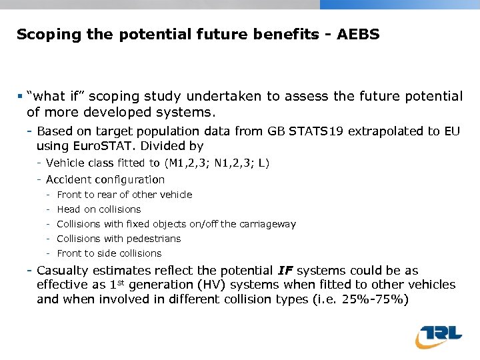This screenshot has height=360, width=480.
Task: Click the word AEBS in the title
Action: point(359,34)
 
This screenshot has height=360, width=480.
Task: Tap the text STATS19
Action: point(317,131)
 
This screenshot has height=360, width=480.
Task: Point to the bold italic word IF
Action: point(285,271)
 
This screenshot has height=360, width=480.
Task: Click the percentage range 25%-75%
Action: point(372,299)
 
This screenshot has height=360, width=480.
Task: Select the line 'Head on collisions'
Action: point(99,209)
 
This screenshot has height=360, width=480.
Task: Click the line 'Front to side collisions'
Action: point(109,253)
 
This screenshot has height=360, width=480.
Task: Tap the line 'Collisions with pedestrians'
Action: point(119,239)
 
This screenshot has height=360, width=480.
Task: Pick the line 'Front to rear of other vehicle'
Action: point(124,195)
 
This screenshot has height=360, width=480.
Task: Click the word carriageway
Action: point(267,224)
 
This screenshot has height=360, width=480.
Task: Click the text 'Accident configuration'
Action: point(105,179)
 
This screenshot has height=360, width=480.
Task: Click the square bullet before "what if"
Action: point(21,97)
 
